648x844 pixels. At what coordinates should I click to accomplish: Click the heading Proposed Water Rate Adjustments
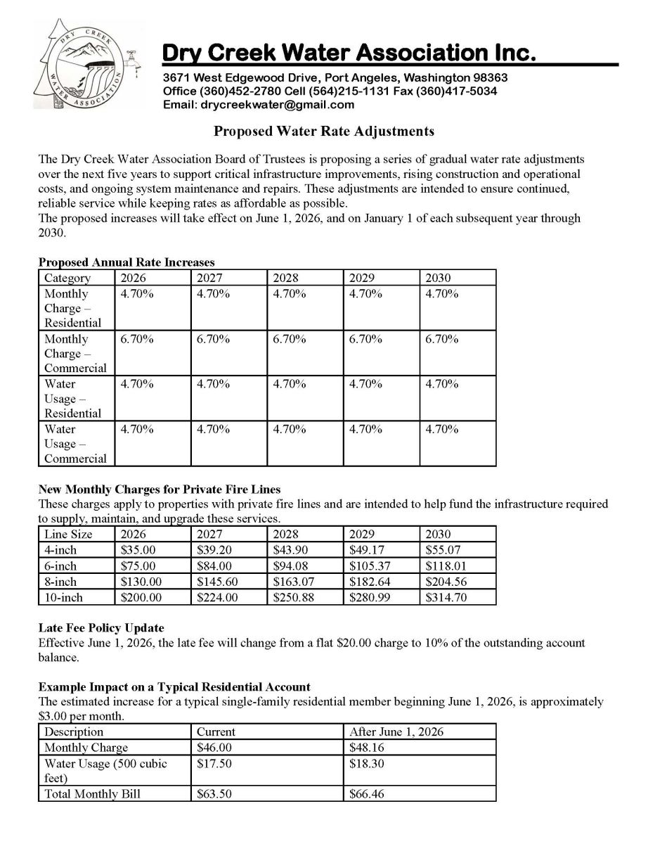click(324, 131)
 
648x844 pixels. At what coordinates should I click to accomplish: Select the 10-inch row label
click(63, 598)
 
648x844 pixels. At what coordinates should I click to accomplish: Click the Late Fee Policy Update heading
click(101, 627)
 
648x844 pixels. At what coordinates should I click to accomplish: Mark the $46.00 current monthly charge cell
click(214, 748)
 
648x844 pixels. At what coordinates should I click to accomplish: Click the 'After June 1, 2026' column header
click(396, 731)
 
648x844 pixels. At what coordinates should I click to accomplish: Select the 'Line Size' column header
click(68, 534)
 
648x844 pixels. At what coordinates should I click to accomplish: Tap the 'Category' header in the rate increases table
click(67, 278)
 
